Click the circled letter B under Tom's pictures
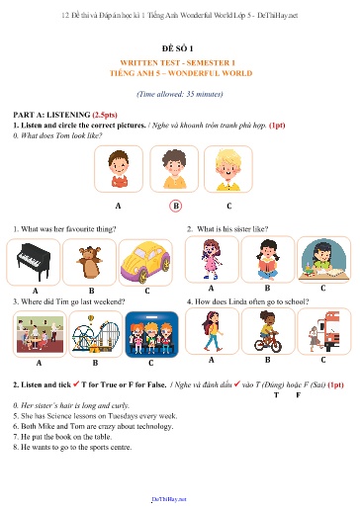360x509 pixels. (x=176, y=206)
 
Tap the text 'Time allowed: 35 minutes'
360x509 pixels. (x=179, y=93)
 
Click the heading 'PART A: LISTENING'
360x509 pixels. (x=47, y=116)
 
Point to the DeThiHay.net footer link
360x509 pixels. (x=179, y=502)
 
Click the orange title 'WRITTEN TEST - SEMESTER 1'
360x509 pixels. (x=179, y=62)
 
